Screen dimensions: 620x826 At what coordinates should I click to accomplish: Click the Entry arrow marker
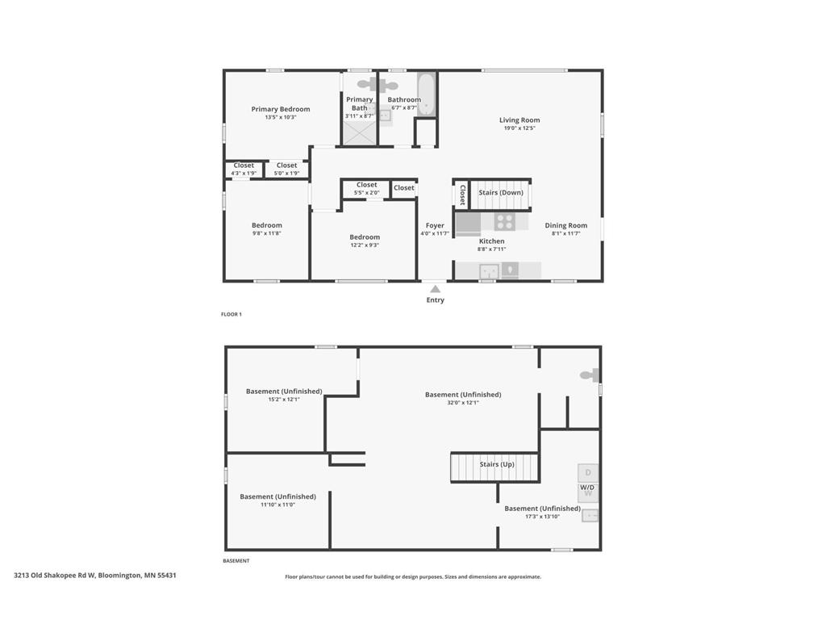[435, 289]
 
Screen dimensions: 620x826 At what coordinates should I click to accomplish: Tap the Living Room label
[519, 120]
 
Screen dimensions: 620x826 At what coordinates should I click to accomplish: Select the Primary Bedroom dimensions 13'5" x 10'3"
[280, 118]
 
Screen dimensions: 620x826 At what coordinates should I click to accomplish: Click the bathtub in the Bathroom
[427, 94]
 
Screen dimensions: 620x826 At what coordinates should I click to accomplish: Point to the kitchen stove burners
[505, 221]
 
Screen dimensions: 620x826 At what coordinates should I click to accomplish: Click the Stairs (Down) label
[501, 193]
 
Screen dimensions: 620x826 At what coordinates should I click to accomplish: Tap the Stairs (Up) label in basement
[497, 465]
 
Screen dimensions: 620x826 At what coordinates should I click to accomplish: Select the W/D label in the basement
[588, 488]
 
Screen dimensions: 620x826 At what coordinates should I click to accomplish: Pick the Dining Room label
[565, 226]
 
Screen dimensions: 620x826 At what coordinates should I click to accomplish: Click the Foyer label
[435, 226]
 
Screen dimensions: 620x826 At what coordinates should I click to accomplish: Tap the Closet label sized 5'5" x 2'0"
[366, 185]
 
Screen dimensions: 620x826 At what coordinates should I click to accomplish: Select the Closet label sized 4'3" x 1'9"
[244, 165]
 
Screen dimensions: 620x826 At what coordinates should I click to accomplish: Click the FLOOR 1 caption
[232, 314]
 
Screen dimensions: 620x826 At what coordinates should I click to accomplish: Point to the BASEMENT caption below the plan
[236, 560]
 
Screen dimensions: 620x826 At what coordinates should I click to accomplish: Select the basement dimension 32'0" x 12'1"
[463, 403]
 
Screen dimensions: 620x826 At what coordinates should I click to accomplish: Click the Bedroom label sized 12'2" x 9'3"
[365, 237]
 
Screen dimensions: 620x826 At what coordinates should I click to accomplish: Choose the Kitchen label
[492, 241]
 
